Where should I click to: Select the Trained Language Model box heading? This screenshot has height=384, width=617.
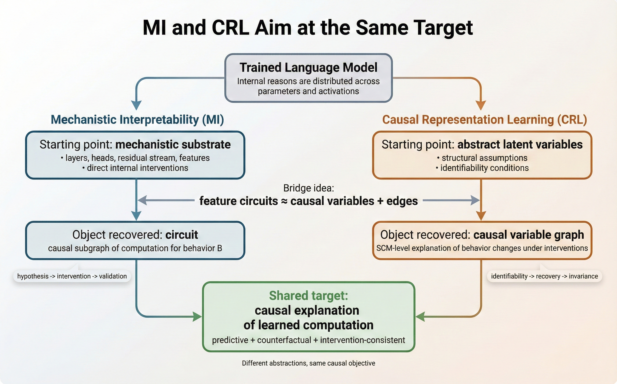pyautogui.click(x=308, y=68)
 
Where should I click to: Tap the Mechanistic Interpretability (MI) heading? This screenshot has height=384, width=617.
pyautogui.click(x=137, y=120)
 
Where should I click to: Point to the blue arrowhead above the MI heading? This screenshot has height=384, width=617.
pyautogui.click(x=136, y=105)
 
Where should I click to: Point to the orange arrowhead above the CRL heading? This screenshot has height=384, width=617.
pyautogui.click(x=481, y=105)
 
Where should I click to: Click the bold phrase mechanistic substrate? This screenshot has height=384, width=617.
pyautogui.click(x=173, y=144)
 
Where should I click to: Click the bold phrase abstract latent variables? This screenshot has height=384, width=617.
pyautogui.click(x=520, y=144)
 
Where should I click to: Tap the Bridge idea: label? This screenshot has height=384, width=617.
pyautogui.click(x=308, y=188)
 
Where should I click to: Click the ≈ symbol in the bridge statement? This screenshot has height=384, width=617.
pyautogui.click(x=284, y=201)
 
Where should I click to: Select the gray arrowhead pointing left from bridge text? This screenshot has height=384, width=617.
pyautogui.click(x=142, y=200)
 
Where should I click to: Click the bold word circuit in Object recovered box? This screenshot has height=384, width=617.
pyautogui.click(x=182, y=235)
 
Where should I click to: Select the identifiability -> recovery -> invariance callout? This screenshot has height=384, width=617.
pyautogui.click(x=544, y=276)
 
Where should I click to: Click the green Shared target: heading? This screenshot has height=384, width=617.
pyautogui.click(x=308, y=296)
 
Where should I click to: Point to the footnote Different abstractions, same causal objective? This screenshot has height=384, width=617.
pyautogui.click(x=308, y=363)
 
